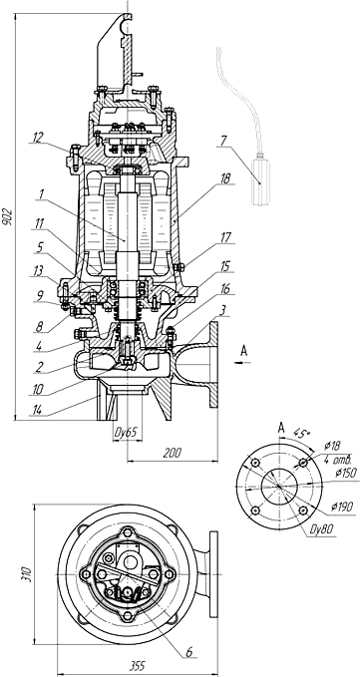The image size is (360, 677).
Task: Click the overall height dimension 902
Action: tap(7, 217)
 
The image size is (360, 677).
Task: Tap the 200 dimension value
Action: tap(173, 453)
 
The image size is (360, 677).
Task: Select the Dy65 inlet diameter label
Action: tap(128, 433)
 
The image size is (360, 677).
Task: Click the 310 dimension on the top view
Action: tap(27, 574)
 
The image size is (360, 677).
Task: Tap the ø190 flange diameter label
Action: tap(342, 507)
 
